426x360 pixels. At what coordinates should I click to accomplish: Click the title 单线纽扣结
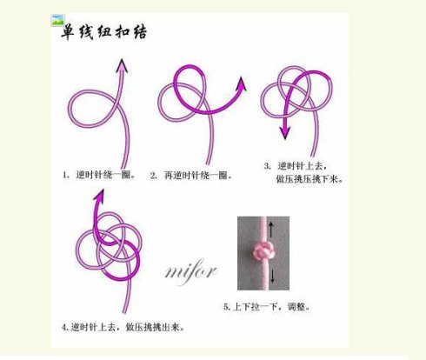pos(103,31)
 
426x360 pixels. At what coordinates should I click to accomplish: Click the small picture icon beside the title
pos(57,20)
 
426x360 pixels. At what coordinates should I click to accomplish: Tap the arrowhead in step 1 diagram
pos(122,65)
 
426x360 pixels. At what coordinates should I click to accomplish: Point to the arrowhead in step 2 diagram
pos(241,83)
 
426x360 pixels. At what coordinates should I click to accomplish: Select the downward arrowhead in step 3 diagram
pos(285,132)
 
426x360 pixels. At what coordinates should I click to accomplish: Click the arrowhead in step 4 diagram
pos(99,195)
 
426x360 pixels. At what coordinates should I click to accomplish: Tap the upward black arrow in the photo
pos(271,230)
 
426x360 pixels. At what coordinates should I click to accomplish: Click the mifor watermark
pos(191,272)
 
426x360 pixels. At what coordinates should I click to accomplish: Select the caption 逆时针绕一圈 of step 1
pos(105,175)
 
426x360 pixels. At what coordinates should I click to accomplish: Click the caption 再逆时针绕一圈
pos(197,175)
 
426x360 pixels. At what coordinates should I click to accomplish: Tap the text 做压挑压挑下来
pos(310,179)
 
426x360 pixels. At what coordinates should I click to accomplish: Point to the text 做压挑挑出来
pos(155,327)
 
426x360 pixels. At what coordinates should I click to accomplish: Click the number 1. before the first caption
pos(66,176)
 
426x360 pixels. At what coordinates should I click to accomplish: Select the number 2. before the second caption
pos(154,176)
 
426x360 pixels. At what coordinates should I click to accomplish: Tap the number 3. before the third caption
pos(268,166)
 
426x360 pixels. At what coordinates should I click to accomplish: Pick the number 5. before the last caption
pos(227,307)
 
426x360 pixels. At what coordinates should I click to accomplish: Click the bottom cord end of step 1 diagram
pos(124,168)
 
